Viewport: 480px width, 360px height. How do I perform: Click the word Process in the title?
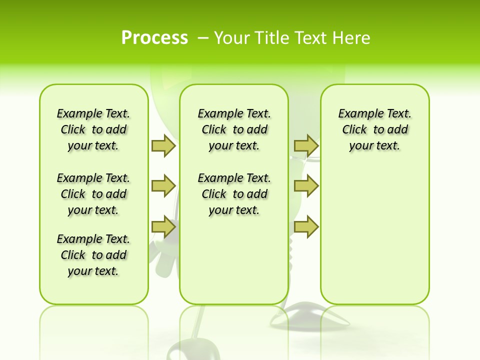(x=154, y=38)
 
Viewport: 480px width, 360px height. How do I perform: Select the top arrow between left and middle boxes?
(x=163, y=145)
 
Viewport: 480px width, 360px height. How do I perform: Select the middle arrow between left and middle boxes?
(x=163, y=186)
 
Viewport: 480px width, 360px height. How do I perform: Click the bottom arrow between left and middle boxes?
(x=163, y=227)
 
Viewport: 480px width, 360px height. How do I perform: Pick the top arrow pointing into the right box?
(x=306, y=145)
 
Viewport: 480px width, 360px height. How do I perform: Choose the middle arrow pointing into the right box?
(x=306, y=186)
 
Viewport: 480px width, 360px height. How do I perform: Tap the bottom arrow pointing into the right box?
(x=306, y=227)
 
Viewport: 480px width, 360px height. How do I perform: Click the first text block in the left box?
(x=93, y=129)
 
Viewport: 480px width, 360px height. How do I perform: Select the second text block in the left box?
(x=93, y=194)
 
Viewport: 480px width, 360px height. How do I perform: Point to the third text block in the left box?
(x=93, y=255)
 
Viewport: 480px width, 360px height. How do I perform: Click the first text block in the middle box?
(x=234, y=129)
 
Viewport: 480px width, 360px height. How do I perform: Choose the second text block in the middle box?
(x=234, y=194)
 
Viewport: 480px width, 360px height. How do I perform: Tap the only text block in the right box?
(x=375, y=129)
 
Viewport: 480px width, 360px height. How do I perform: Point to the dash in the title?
(x=203, y=38)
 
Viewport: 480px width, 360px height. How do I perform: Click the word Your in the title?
(x=232, y=38)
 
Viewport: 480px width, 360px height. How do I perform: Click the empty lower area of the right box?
(x=375, y=240)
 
